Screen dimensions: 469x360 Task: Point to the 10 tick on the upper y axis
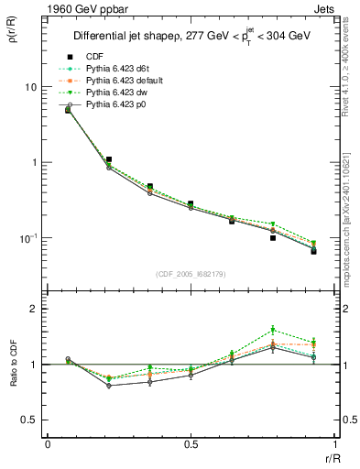coord(30,87)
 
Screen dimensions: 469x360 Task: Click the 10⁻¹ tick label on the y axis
coord(28,238)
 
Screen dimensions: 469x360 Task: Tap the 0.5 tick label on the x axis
coord(191,444)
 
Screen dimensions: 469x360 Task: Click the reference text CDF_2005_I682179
coord(190,274)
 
